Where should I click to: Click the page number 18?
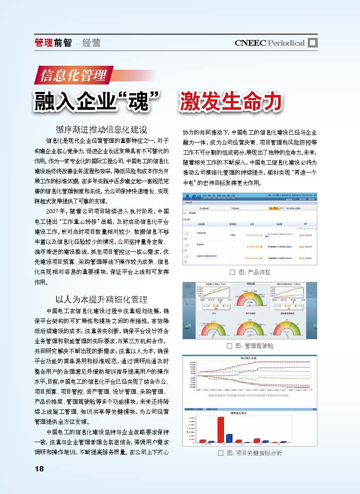(x=39, y=468)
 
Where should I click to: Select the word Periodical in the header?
(x=286, y=43)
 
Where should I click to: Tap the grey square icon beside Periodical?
(x=313, y=42)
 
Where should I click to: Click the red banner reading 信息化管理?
(x=74, y=76)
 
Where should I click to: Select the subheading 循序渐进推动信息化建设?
(x=101, y=130)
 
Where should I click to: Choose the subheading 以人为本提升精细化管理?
(x=101, y=299)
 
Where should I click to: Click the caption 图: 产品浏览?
(x=255, y=272)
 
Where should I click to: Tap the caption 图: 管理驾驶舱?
(x=255, y=346)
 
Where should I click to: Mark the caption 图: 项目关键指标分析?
(x=255, y=453)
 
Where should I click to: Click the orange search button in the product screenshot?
(x=274, y=208)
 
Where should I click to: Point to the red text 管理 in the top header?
(x=43, y=43)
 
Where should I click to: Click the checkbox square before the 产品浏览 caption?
(x=232, y=272)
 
